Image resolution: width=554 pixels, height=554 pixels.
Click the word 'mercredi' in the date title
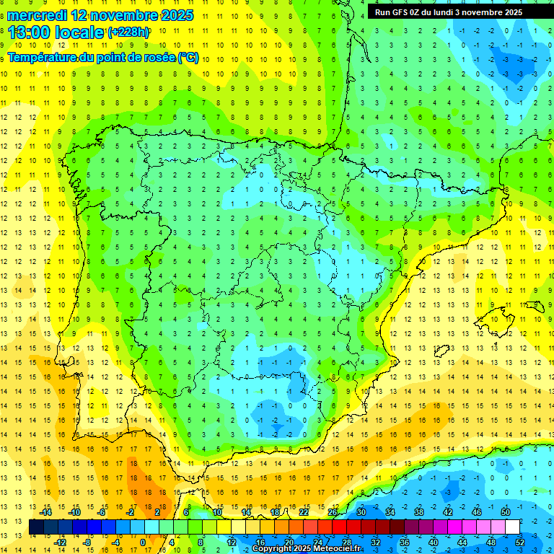click(38, 15)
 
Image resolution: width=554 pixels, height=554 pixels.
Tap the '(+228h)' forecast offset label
click(128, 32)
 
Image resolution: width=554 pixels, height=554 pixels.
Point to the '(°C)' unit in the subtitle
click(188, 57)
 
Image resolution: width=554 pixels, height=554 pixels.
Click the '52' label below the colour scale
click(520, 542)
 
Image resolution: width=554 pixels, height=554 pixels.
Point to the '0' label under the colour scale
click(143, 542)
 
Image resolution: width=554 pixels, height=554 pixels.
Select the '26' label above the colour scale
click(333, 512)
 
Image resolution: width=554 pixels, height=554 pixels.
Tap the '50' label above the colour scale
click(506, 512)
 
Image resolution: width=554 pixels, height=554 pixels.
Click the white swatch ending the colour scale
click(513, 527)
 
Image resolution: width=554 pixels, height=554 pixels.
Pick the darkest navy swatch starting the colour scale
click(36, 527)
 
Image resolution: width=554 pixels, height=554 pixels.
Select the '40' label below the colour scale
click(434, 542)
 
